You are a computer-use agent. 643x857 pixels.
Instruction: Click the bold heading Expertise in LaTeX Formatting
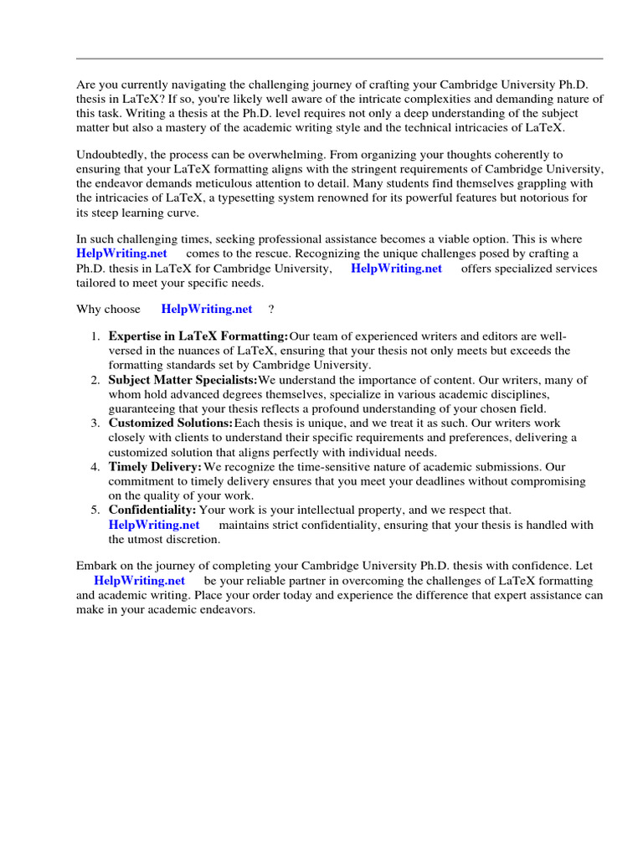tap(198, 336)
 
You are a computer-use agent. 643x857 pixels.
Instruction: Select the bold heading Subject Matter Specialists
tap(183, 380)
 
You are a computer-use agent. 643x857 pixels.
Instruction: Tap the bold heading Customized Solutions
tap(171, 423)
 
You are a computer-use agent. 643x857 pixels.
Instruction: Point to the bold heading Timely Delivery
tap(156, 466)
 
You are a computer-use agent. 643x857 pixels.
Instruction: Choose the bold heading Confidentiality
tap(152, 510)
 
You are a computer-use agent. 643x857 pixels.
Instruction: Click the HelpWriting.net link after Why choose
tap(206, 309)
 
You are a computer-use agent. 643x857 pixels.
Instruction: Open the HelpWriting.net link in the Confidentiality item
tap(154, 525)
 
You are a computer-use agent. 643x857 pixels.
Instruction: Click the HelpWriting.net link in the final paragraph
tap(139, 580)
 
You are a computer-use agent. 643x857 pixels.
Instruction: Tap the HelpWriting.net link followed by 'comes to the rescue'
tap(121, 253)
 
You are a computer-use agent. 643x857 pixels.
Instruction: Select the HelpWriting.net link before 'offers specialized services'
tap(396, 269)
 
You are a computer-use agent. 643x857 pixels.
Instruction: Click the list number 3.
tap(95, 423)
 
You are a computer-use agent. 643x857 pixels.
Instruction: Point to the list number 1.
tap(95, 336)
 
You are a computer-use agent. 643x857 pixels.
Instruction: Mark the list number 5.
tap(95, 510)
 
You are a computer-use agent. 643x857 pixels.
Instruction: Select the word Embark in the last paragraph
tap(96, 565)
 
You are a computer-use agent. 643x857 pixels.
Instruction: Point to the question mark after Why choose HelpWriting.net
tap(271, 309)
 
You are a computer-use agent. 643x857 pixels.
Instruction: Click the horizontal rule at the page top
tap(339, 59)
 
